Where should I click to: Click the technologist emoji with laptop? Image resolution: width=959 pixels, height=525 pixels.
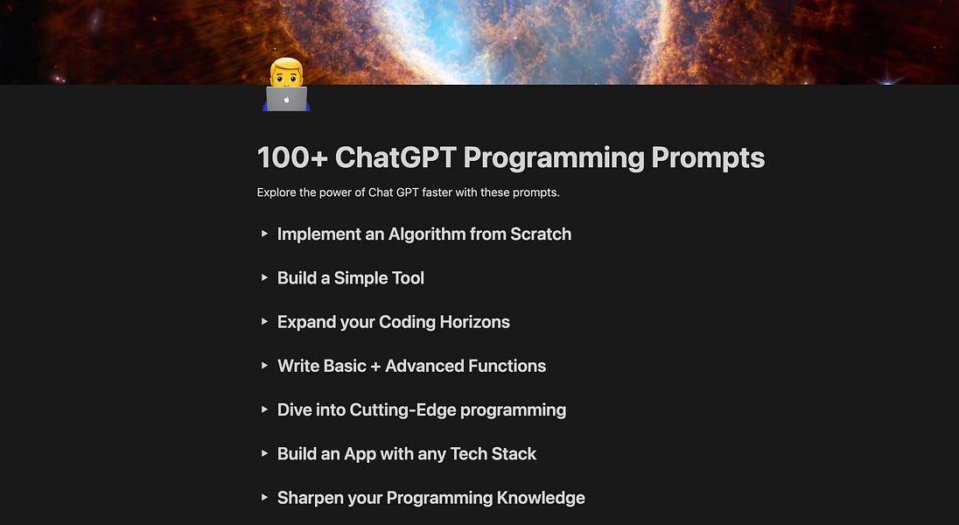[286, 85]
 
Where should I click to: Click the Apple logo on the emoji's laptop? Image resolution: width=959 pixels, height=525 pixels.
[286, 100]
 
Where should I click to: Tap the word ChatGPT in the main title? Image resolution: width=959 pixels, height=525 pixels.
[395, 158]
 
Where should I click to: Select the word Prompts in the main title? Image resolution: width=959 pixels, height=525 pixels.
[708, 158]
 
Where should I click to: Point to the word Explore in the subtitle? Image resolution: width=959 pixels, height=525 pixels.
[276, 192]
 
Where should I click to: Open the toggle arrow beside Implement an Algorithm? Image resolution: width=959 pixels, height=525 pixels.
[264, 234]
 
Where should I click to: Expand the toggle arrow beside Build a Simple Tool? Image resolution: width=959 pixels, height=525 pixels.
[264, 277]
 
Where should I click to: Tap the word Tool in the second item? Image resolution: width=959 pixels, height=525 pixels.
[406, 278]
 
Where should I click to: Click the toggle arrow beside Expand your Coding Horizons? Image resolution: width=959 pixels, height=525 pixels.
[264, 321]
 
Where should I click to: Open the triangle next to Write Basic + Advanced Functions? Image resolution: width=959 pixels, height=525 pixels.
[264, 366]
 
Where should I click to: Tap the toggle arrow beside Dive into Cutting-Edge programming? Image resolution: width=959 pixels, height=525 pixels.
[264, 409]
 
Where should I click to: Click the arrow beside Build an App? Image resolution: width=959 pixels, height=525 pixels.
[264, 453]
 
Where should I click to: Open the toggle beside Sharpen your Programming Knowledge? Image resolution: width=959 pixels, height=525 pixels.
[264, 497]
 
